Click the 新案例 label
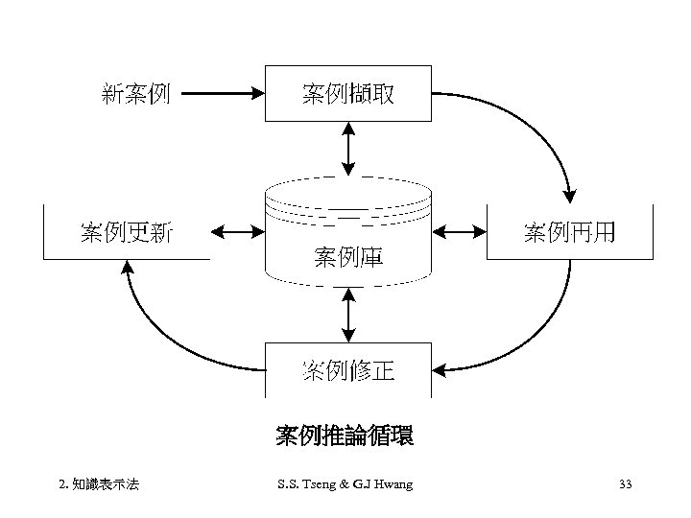[x=135, y=94]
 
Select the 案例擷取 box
[x=347, y=94]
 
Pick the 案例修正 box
[x=347, y=370]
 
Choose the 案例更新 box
[x=126, y=232]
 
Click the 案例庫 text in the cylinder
[x=347, y=257]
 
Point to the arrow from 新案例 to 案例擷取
[x=222, y=94]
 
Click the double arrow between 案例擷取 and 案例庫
[x=347, y=150]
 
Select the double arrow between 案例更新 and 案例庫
[x=236, y=232]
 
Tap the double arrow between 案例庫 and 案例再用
[x=460, y=232]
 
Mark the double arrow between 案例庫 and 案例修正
[x=347, y=315]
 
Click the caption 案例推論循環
[x=345, y=436]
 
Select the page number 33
[x=625, y=484]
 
